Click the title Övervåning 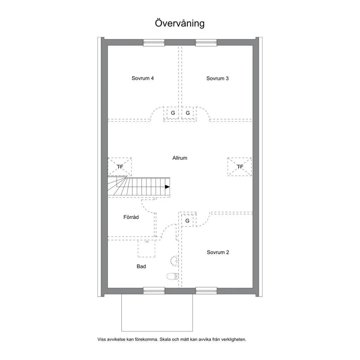point(180,23)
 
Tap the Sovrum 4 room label point(142,78)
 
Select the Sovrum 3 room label point(217,78)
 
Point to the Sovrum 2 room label point(218,252)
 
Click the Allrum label point(180,158)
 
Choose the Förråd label point(131,217)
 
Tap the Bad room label point(141,266)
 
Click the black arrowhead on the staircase point(167,187)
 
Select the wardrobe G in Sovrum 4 point(173,113)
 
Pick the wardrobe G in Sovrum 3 point(188,113)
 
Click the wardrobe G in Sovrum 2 point(187,221)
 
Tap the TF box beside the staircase point(120,167)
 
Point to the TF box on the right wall point(240,167)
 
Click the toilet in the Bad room point(173,276)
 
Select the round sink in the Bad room point(174,261)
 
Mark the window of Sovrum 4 point(154,43)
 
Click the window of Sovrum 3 point(206,43)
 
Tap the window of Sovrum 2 point(206,291)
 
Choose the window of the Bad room point(154,291)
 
